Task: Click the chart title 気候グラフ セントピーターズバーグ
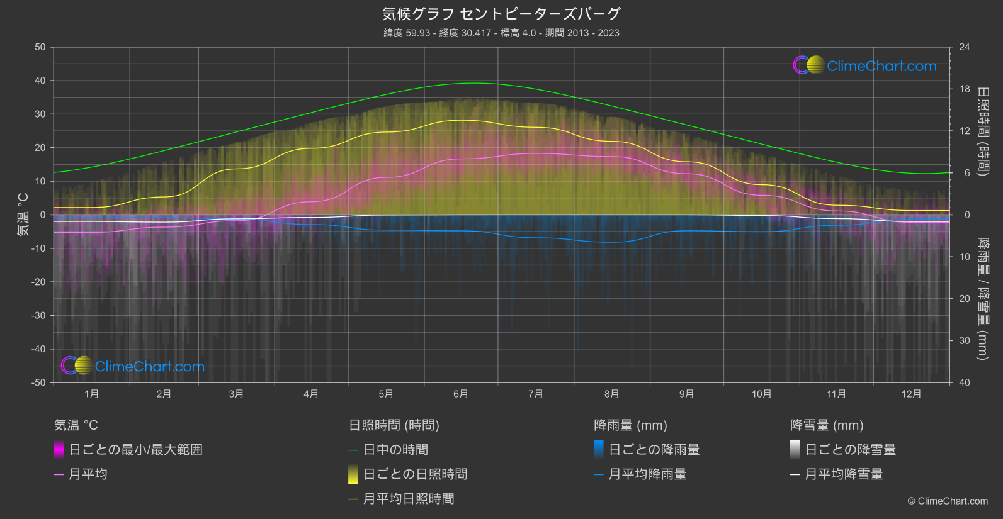coord(501,14)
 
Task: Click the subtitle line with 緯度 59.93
coord(501,33)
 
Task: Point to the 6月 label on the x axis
coord(461,394)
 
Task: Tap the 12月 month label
coord(911,394)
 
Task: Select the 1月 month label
coord(92,394)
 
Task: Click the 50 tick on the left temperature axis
coord(40,47)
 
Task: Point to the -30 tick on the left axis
coord(39,315)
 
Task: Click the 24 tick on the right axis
coord(964,47)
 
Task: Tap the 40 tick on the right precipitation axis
coord(964,382)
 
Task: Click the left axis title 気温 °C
coord(23,215)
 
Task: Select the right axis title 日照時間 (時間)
coord(982,131)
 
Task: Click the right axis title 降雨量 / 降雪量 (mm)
coord(982,298)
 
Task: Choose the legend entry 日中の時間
coord(396,450)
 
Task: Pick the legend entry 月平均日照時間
coord(409,499)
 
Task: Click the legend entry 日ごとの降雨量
coord(654,450)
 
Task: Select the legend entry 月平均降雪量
coord(844,474)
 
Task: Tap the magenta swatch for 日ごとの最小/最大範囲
coord(59,450)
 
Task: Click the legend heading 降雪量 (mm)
coord(827,425)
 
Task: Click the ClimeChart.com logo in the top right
coord(864,65)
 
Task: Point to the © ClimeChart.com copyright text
coord(948,501)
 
